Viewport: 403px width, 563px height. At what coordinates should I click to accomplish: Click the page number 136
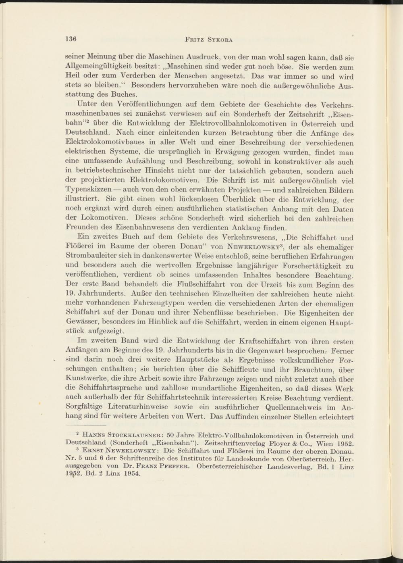coord(71,40)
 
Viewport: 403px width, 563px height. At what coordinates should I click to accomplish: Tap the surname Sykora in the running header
coord(221,40)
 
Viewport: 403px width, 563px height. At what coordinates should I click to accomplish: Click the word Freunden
coord(81,229)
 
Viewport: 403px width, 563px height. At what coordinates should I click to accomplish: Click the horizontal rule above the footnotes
coord(85,425)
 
